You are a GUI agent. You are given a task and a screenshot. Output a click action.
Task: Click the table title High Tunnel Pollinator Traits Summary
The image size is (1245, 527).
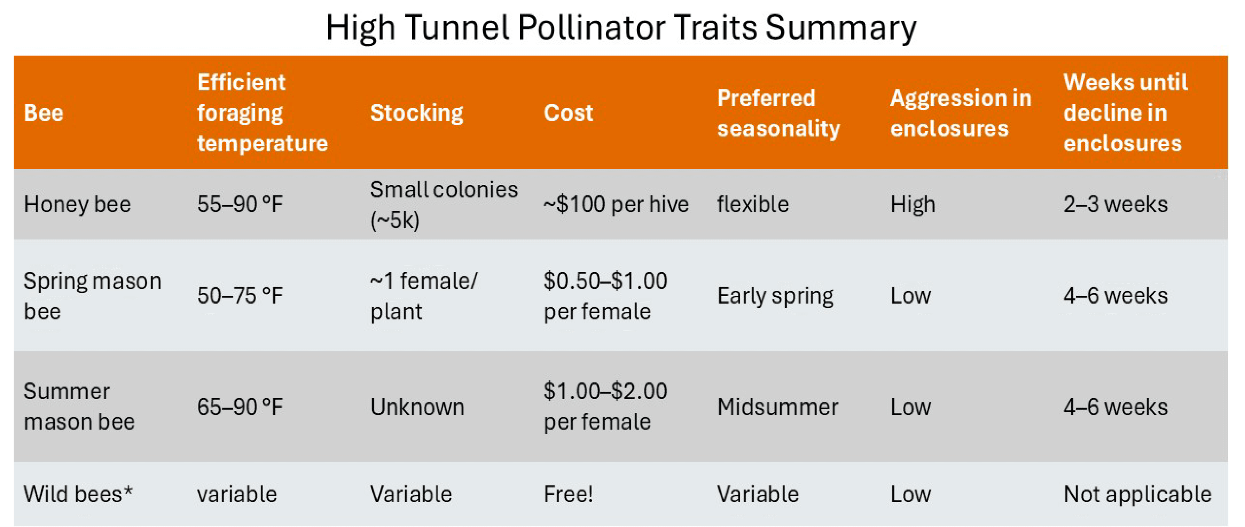click(621, 27)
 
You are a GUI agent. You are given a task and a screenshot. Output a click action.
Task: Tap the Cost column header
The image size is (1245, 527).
click(569, 113)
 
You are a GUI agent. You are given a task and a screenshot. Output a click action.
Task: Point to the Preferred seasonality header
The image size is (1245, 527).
click(778, 113)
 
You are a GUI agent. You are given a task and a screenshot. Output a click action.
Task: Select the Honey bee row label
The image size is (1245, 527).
click(77, 204)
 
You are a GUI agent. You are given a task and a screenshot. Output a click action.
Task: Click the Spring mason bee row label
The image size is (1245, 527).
click(92, 296)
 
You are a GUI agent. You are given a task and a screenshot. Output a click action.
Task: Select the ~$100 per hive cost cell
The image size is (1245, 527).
click(616, 204)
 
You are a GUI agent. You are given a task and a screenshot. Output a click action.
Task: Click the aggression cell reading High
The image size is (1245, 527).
click(913, 204)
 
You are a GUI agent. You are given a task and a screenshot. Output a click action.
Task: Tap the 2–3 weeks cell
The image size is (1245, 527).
click(1115, 204)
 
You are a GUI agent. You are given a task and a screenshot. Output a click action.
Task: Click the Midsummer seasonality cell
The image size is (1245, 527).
click(777, 407)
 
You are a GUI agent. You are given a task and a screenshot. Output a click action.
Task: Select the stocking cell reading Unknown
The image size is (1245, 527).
click(417, 407)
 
